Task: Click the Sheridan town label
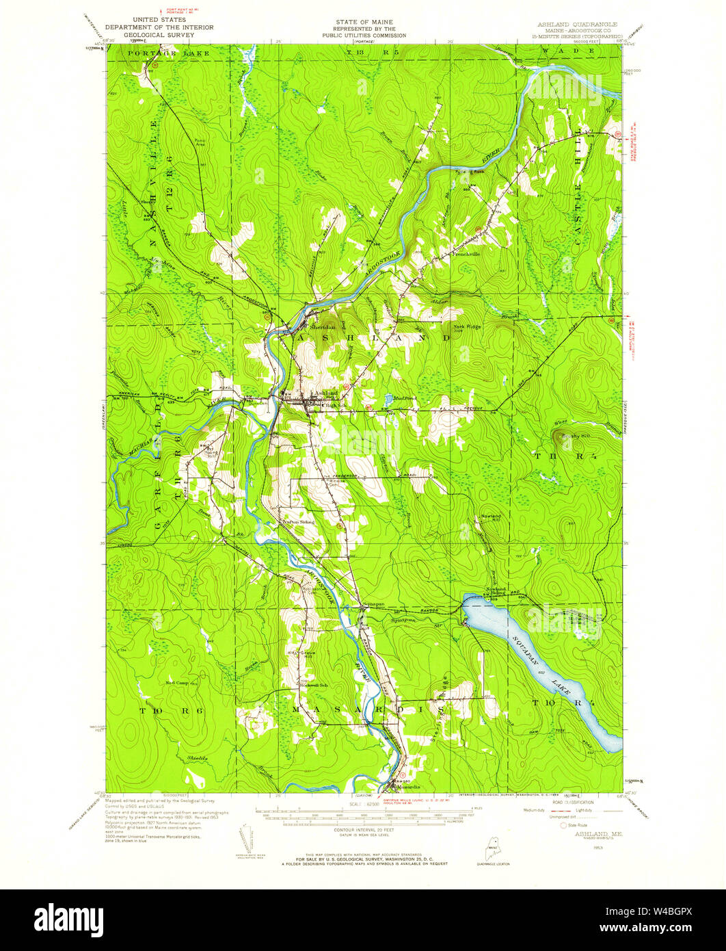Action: (321, 327)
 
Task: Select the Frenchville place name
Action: (466, 253)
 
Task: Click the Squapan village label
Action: (373, 604)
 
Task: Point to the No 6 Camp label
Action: (176, 682)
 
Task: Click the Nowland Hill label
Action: (491, 516)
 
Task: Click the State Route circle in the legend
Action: (564, 826)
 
